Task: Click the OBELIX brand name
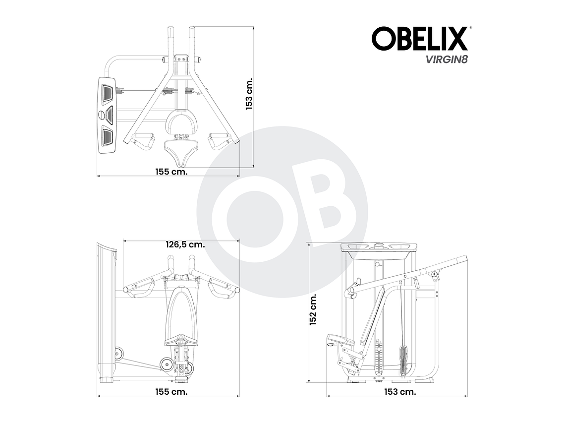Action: coord(419,39)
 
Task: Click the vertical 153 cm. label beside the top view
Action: coord(249,93)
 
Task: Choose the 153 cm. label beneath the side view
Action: coord(400,392)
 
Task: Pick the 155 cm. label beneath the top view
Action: coord(171,172)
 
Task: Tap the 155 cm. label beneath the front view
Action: coord(171,392)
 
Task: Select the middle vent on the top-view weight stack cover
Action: coord(108,115)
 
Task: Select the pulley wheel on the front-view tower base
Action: coord(119,353)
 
